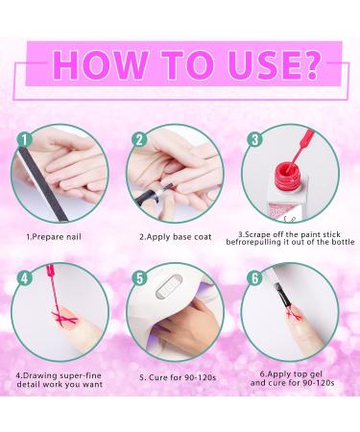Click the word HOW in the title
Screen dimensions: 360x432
click(x=100, y=65)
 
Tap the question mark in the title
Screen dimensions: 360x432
click(x=310, y=65)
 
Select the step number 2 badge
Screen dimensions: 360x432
click(x=139, y=140)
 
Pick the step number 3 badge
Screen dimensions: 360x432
click(x=255, y=139)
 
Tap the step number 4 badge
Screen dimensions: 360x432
click(x=24, y=278)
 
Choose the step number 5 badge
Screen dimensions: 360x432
click(x=139, y=278)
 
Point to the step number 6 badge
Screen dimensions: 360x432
click(x=255, y=278)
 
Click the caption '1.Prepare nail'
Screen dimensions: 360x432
click(x=54, y=237)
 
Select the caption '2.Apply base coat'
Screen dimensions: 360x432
click(x=176, y=237)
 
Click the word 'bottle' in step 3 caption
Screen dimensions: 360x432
click(x=343, y=242)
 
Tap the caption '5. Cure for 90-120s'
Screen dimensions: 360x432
click(x=178, y=377)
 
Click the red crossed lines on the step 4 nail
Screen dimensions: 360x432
click(x=65, y=318)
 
